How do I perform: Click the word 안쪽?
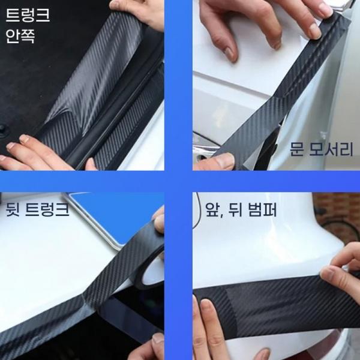coord(20,36)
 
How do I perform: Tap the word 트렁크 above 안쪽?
coord(28,15)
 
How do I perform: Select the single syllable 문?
coord(297,149)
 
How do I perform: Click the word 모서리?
coord(331,149)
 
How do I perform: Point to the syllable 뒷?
coord(13,209)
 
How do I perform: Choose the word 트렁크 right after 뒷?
coord(47,209)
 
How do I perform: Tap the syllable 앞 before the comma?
coord(212,209)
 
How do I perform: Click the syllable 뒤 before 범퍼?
coord(235,209)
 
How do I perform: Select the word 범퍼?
coord(262,209)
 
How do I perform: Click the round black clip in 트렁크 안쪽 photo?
coord(3,130)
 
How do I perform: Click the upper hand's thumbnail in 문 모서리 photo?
coord(229,53)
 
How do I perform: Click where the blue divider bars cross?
coord(178,181)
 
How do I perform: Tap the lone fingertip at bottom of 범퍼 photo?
coord(260,354)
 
